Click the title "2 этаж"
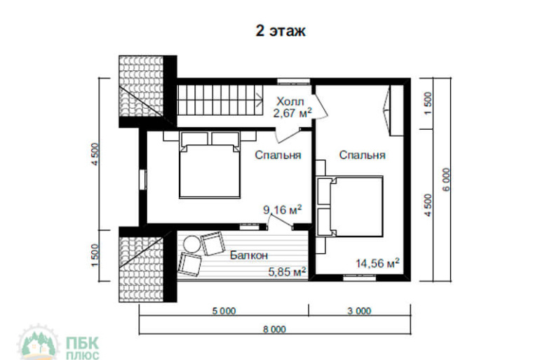[x=281, y=31]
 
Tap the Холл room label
[x=290, y=102]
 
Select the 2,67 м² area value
[x=292, y=113]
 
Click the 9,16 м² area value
[x=283, y=209]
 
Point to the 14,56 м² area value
[x=377, y=263]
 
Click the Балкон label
[x=249, y=255]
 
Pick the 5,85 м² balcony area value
[x=288, y=272]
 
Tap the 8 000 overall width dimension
[x=274, y=329]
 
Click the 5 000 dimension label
[x=224, y=311]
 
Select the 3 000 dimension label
[x=359, y=311]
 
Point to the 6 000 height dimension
[x=446, y=180]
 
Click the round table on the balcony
[x=191, y=244]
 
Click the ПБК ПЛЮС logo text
[x=82, y=348]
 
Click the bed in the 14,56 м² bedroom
[x=350, y=206]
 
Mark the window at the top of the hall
[x=293, y=81]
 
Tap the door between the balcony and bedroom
[x=280, y=221]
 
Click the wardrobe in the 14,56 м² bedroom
[x=396, y=110]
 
